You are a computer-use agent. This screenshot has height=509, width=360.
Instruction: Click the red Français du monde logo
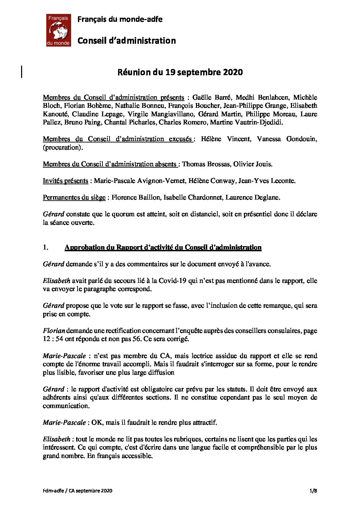pyautogui.click(x=58, y=30)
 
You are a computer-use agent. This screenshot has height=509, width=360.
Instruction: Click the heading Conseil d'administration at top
pyautogui.click(x=127, y=41)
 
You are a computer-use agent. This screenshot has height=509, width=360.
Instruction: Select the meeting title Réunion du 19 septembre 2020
pyautogui.click(x=180, y=72)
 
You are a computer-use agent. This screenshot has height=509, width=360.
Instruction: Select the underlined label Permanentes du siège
pyautogui.click(x=74, y=197)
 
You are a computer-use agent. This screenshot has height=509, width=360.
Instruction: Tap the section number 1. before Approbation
pyautogui.click(x=46, y=248)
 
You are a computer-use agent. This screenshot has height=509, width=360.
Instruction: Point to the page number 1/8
pyautogui.click(x=313, y=491)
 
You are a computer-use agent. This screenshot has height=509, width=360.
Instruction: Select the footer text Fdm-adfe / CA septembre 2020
pyautogui.click(x=78, y=491)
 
